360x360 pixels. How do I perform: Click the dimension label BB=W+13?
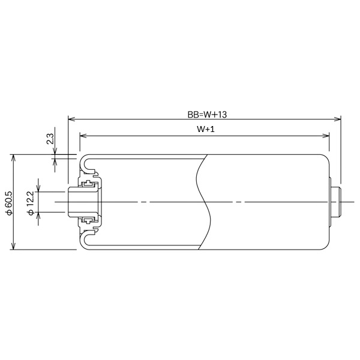pos(205,113)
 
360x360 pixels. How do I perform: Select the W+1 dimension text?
pos(205,129)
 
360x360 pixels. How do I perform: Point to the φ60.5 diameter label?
pos(8,202)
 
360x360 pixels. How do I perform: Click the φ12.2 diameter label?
pos(30,202)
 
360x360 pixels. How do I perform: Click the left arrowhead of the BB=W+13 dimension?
pos(71,119)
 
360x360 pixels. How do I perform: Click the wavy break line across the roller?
pos(203,202)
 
